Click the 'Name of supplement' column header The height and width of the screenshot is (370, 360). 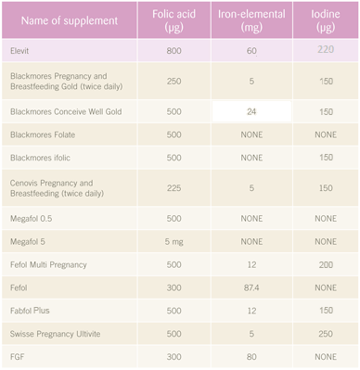point(70,20)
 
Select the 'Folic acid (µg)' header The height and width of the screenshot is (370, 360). point(174,20)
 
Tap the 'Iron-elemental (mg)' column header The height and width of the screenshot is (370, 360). point(251,20)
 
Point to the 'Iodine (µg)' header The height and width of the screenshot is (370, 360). point(326,20)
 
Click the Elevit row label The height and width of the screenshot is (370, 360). point(19,51)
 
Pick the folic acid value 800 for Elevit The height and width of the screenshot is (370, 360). point(174,51)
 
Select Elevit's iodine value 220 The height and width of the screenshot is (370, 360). point(326,49)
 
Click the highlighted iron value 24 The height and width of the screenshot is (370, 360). point(251,111)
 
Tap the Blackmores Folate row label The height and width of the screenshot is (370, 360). point(43,134)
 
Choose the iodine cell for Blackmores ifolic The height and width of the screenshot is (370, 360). point(326,158)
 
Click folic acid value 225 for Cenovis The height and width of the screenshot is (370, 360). point(174,188)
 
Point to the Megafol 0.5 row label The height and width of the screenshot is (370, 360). point(31,219)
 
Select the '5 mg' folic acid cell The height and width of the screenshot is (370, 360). point(174,242)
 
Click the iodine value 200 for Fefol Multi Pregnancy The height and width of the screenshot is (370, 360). point(326,264)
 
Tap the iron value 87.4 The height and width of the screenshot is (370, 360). point(251,287)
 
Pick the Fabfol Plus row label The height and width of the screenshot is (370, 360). point(30,311)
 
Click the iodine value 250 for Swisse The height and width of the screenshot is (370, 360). point(326,334)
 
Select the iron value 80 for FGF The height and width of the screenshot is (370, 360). point(251,357)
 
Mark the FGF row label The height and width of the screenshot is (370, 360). point(17,357)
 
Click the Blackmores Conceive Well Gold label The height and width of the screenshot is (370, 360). point(66,111)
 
